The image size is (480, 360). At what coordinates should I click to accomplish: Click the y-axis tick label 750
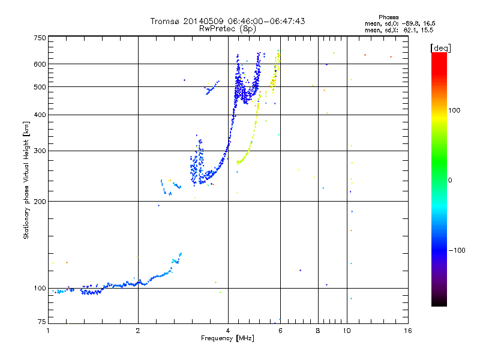pos(39,38)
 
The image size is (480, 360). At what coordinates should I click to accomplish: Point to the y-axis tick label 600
pos(39,64)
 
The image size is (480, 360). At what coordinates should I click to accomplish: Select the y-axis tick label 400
pos(39,115)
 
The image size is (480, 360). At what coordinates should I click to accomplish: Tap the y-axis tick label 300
pos(39,151)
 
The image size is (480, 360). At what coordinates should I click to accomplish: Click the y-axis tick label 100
pos(39,289)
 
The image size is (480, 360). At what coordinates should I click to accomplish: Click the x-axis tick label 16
pos(407,331)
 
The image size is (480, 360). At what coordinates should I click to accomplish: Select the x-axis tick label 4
pos(228,331)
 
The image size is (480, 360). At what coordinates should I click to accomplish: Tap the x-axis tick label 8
pos(318,331)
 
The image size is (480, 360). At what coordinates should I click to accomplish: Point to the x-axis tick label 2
pos(138,331)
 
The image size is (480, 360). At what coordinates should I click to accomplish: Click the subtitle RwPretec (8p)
pos(228,28)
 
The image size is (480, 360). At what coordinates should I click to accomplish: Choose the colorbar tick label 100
pos(454,110)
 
